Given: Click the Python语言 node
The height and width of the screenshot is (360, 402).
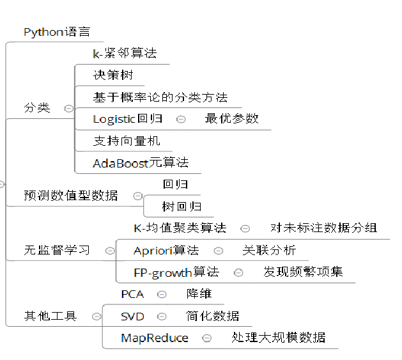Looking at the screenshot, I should pyautogui.click(x=57, y=32).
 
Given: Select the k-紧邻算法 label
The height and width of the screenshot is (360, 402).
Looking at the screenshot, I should pyautogui.click(x=125, y=54).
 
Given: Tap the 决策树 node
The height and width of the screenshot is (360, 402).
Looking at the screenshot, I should pyautogui.click(x=113, y=75).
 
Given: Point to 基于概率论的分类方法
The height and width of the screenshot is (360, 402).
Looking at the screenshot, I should pyautogui.click(x=160, y=97).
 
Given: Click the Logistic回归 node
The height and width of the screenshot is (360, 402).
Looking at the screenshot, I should pyautogui.click(x=127, y=118).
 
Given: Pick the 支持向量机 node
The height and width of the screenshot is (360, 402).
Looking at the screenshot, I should pyautogui.click(x=127, y=141).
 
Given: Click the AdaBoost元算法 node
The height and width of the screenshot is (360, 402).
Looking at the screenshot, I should pyautogui.click(x=141, y=162).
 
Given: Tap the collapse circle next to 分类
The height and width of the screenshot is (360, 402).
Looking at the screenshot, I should pyautogui.click(x=68, y=108).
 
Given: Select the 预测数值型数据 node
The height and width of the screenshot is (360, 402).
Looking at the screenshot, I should pyautogui.click(x=71, y=196).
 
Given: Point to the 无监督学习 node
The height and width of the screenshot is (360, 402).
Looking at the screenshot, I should pyautogui.click(x=57, y=250).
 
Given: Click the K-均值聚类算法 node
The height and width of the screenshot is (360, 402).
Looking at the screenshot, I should pyautogui.click(x=180, y=228).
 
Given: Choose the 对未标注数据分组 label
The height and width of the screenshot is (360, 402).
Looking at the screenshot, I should pyautogui.click(x=323, y=228).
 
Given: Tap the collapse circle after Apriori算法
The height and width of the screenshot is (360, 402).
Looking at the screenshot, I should pyautogui.click(x=219, y=250).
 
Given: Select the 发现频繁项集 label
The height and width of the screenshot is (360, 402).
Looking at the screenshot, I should pyautogui.click(x=303, y=272).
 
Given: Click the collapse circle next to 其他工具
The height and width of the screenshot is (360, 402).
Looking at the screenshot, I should pyautogui.click(x=96, y=316).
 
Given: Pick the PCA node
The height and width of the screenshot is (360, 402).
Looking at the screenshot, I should pyautogui.click(x=132, y=294).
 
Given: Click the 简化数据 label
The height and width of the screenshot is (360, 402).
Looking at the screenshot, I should pyautogui.click(x=213, y=316).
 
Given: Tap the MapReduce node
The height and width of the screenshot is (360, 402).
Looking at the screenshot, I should pyautogui.click(x=155, y=338).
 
